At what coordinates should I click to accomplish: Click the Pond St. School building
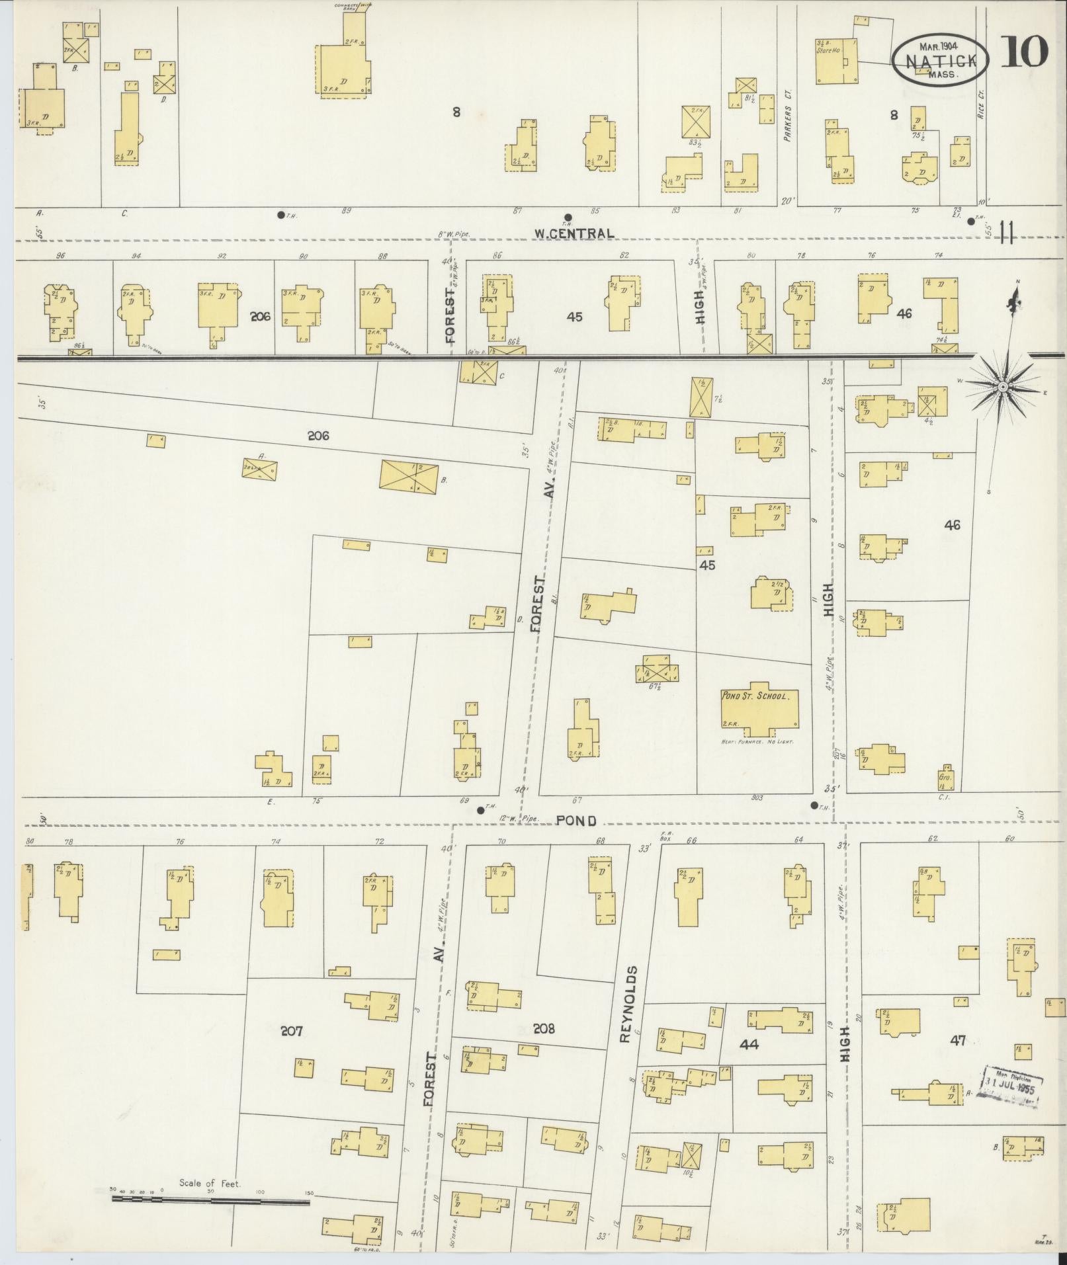pos(759,710)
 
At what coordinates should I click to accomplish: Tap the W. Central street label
pos(574,233)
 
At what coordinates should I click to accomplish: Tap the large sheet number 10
pos(1024,53)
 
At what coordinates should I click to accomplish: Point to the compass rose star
pos(1003,386)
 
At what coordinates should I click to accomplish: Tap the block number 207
pos(291,1049)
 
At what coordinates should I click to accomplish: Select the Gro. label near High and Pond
pos(945,778)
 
